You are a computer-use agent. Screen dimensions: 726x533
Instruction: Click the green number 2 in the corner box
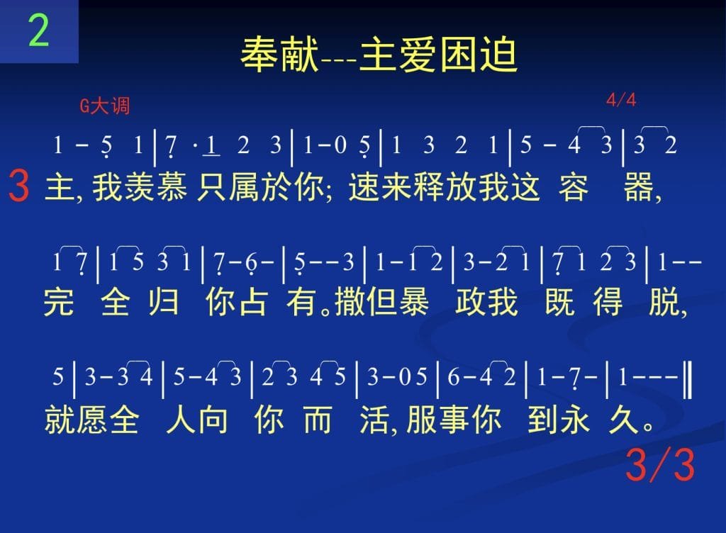click(38, 30)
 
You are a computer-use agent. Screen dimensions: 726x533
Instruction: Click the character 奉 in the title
click(259, 55)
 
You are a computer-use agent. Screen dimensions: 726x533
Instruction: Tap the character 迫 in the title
click(498, 55)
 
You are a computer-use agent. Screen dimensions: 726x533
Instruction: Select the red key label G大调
click(105, 106)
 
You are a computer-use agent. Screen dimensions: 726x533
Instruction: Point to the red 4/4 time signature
click(621, 99)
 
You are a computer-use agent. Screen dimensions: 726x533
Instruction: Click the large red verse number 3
click(19, 186)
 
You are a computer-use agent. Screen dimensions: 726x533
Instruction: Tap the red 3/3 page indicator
click(660, 464)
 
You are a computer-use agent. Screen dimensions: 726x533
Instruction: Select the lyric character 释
click(429, 187)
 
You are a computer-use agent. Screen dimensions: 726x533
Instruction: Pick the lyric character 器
click(639, 187)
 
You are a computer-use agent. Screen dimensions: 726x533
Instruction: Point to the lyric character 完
click(59, 302)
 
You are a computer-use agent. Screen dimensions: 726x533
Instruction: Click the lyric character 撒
click(350, 302)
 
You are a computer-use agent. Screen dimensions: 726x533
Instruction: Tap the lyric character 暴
click(413, 302)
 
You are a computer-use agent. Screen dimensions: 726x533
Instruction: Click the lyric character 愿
click(91, 420)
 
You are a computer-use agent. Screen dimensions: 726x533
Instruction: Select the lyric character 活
click(375, 420)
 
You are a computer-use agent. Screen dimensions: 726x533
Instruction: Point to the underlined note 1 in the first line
click(211, 145)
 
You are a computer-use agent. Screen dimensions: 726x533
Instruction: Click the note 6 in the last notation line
click(452, 377)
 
